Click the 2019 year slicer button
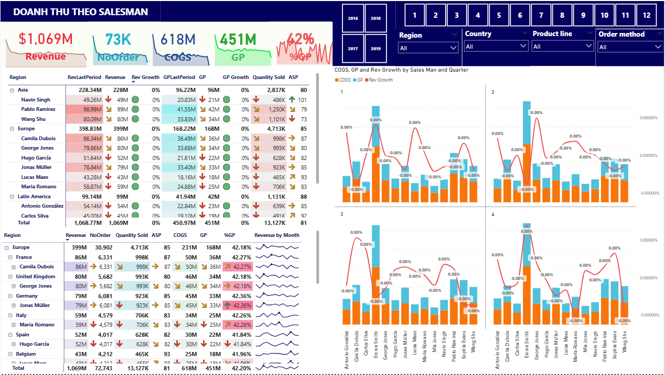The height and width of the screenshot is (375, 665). [375, 49]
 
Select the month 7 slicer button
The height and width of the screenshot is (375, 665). [541, 15]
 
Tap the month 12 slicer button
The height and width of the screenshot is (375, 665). [647, 15]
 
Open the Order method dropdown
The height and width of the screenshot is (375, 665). [630, 47]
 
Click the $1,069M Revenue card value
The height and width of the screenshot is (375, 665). [46, 39]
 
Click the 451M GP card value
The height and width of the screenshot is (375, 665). [238, 39]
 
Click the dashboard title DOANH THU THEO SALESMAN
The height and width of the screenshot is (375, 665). [81, 12]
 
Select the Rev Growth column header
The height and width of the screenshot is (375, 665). [146, 77]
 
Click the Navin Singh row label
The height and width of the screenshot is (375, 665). [36, 100]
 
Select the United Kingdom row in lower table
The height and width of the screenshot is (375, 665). [35, 277]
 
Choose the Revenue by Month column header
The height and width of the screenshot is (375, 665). [276, 235]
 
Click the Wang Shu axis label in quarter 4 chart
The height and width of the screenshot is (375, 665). [624, 345]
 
